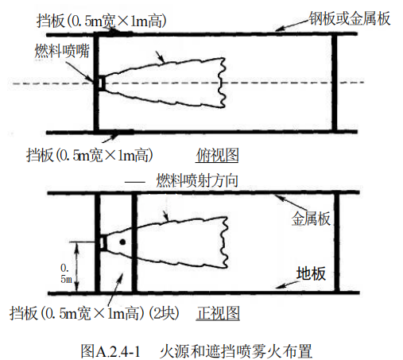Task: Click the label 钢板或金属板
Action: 350,18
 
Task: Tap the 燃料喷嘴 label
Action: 62,51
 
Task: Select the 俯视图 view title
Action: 217,155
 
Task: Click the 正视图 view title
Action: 219,313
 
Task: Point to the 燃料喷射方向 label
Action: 197,181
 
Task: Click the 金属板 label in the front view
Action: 311,219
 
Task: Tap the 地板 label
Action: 311,273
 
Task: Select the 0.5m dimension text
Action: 66,273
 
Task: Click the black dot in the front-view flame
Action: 122,242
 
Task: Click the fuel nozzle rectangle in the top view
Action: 102,83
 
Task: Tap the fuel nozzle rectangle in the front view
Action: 103,242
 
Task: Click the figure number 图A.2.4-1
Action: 110,351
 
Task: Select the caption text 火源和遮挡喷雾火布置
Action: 236,351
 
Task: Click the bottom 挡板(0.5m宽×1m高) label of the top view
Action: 90,155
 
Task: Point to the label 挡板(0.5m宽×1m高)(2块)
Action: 95,313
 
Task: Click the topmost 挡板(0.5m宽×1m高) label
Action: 102,21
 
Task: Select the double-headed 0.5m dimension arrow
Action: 76,267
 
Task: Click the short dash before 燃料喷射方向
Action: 135,182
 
